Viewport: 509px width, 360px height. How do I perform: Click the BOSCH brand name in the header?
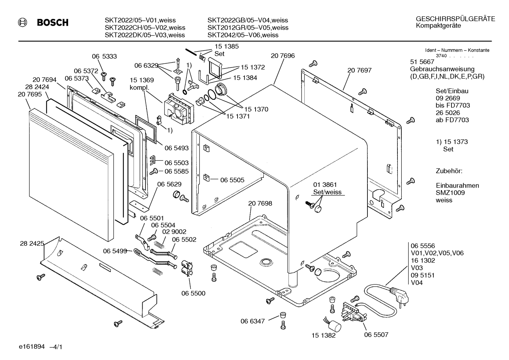pyautogui.click(x=53, y=23)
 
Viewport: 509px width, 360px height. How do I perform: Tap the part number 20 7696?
pyautogui.click(x=283, y=56)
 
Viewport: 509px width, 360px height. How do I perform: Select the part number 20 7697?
pyautogui.click(x=359, y=70)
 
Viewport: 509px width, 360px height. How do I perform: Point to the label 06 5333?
pyautogui.click(x=104, y=57)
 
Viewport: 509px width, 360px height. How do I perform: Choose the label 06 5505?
pyautogui.click(x=232, y=180)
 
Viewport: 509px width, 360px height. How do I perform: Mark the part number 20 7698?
pyautogui.click(x=260, y=203)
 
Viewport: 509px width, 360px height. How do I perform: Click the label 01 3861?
pyautogui.click(x=325, y=185)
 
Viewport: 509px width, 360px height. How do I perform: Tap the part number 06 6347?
pyautogui.click(x=253, y=321)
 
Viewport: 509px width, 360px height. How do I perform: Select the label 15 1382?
pyautogui.click(x=323, y=336)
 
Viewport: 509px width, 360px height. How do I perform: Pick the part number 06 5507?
pyautogui.click(x=376, y=335)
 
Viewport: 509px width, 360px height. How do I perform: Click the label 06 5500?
pyautogui.click(x=193, y=294)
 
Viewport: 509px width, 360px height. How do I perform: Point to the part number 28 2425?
pyautogui.click(x=32, y=243)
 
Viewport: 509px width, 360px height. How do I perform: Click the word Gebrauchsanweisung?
pyautogui.click(x=442, y=69)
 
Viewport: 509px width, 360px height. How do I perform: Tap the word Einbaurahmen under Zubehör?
pyautogui.click(x=457, y=185)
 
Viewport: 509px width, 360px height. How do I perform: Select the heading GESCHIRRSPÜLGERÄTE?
pyautogui.click(x=455, y=19)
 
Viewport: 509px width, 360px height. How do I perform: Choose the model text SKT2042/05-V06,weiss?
pyautogui.click(x=243, y=35)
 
